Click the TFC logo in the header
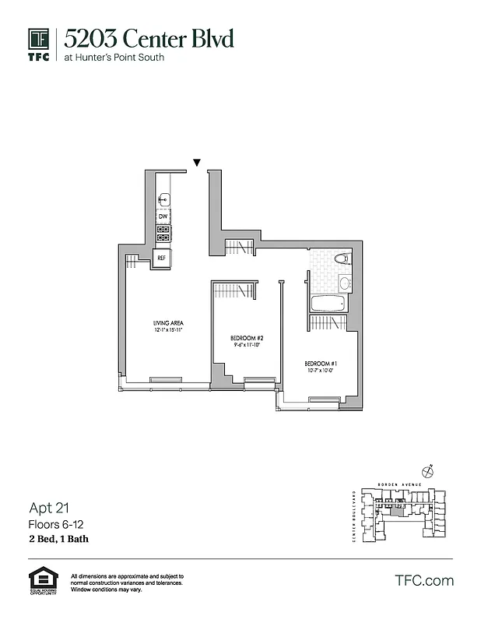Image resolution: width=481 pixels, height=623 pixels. (x=39, y=45)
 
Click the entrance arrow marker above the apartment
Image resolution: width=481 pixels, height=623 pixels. (x=197, y=163)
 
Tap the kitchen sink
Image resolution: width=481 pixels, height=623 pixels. (x=163, y=200)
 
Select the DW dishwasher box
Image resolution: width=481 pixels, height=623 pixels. (x=163, y=216)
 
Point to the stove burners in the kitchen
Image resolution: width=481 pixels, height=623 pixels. (x=163, y=233)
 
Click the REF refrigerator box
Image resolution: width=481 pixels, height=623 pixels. (x=162, y=257)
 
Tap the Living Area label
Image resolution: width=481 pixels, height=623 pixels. (x=167, y=322)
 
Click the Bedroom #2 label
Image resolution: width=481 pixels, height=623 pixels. (x=248, y=338)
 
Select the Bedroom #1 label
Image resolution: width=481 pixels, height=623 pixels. (x=320, y=364)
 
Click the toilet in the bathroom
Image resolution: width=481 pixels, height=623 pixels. (x=341, y=259)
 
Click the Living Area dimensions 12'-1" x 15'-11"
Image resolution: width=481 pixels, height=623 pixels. (x=167, y=330)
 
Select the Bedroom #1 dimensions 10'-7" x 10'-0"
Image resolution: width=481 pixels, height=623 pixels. (x=320, y=371)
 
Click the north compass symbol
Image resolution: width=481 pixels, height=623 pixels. (x=427, y=470)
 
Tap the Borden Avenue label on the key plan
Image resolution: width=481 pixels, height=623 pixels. (x=393, y=484)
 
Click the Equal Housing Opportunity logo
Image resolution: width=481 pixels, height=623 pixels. (x=40, y=581)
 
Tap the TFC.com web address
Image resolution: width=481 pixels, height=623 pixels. (x=424, y=580)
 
